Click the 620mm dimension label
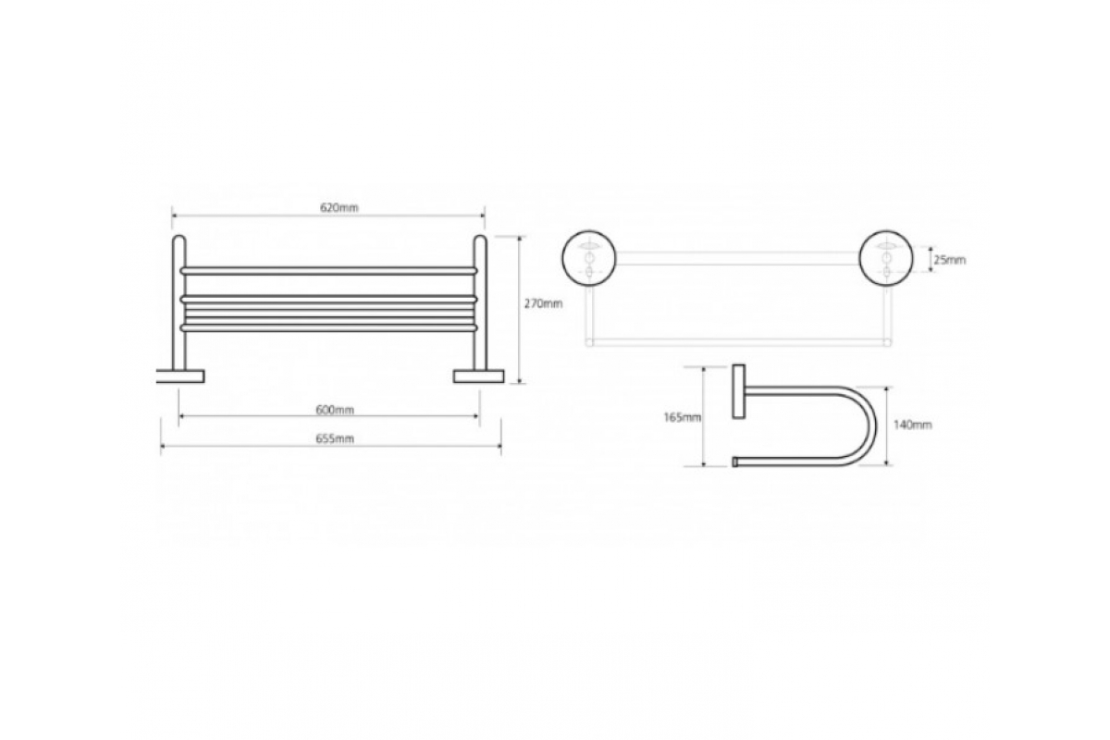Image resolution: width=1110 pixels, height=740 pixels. pos(339,208)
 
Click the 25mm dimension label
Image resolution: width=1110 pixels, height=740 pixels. pos(949,261)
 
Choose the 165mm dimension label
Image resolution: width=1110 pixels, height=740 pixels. pos(683,417)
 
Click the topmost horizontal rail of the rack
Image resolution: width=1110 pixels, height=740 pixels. pos(328,270)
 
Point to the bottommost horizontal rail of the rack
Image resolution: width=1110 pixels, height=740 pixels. pos(328,327)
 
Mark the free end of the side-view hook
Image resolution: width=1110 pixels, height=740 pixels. pos(737,460)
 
